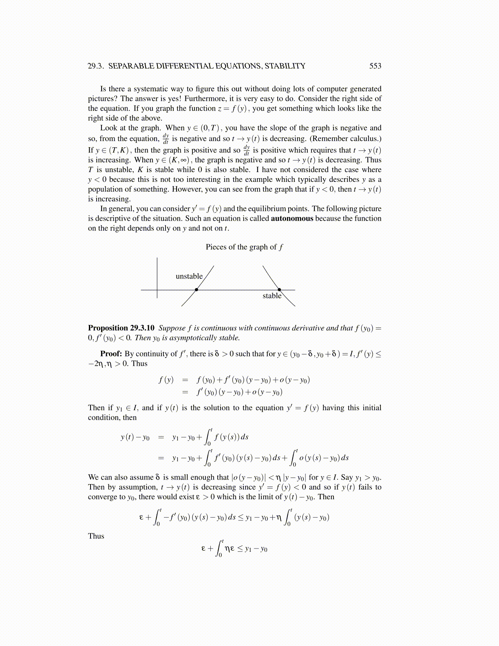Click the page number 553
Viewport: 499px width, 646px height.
[375, 66]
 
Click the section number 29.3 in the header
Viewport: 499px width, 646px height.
[96, 66]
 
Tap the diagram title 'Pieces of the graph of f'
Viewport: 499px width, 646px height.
[244, 247]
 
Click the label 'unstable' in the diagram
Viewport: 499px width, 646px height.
[189, 277]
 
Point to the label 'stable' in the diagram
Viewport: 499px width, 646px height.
[272, 296]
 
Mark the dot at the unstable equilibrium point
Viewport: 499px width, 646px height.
[197, 290]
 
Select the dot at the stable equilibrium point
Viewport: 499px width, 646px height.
[279, 290]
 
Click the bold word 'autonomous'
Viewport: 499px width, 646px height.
[292, 219]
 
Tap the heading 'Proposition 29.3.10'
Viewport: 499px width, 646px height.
[121, 328]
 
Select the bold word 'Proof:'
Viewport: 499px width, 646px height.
[111, 354]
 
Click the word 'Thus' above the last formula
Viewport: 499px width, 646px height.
[96, 536]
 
